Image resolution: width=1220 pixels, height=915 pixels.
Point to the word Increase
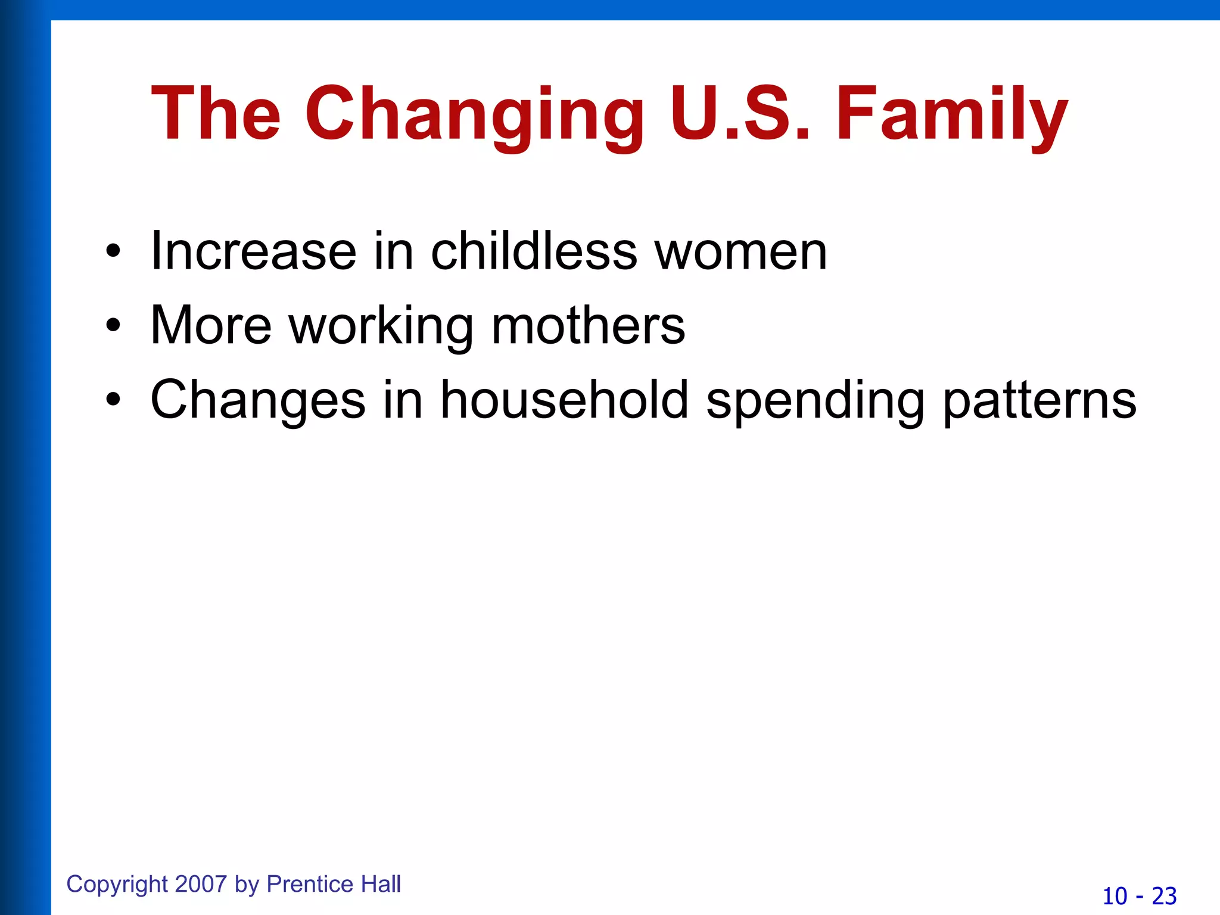[253, 251]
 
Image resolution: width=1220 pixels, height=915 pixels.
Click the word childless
[534, 251]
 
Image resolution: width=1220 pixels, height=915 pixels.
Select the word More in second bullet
[211, 325]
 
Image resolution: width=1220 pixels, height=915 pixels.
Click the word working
[381, 325]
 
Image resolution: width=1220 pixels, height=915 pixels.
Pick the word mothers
[588, 325]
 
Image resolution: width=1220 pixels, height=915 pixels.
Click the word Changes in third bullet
[257, 400]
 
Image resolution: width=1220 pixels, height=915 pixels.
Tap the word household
[564, 400]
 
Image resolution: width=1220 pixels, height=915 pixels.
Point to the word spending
[815, 400]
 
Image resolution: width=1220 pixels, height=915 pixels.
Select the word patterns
[1040, 400]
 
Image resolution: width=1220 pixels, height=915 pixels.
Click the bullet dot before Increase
[113, 252]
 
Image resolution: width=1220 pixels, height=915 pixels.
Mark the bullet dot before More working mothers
[113, 326]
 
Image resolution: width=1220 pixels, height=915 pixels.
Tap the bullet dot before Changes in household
[113, 400]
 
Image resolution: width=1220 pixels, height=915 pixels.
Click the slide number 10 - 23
[1139, 896]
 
